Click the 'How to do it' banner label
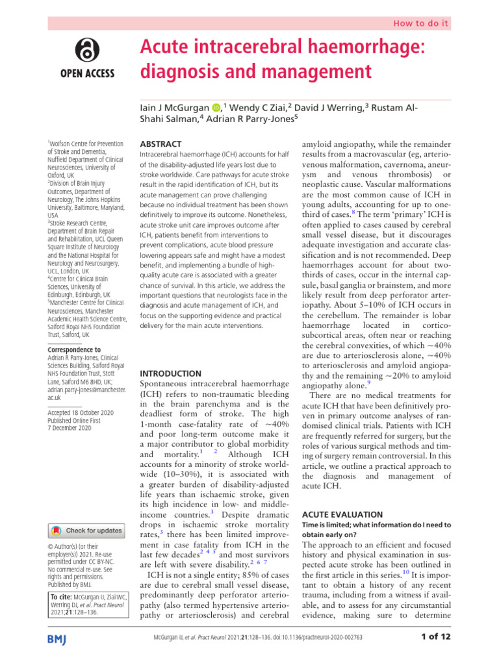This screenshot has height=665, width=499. pos(421,23)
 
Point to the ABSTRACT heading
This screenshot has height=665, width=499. pos(161,144)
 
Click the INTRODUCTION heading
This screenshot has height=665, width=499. pos(171,374)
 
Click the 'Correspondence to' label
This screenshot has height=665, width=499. pos(75,349)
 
